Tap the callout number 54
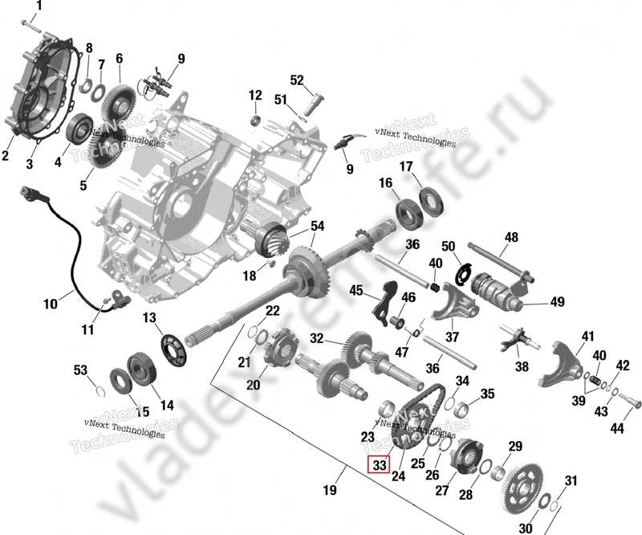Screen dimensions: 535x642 tap(318, 226)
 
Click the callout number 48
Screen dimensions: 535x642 tap(512, 237)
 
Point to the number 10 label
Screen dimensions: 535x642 tap(51, 304)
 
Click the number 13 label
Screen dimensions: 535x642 tap(149, 318)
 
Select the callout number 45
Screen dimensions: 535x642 tap(356, 291)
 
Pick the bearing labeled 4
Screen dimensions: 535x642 tap(81, 129)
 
